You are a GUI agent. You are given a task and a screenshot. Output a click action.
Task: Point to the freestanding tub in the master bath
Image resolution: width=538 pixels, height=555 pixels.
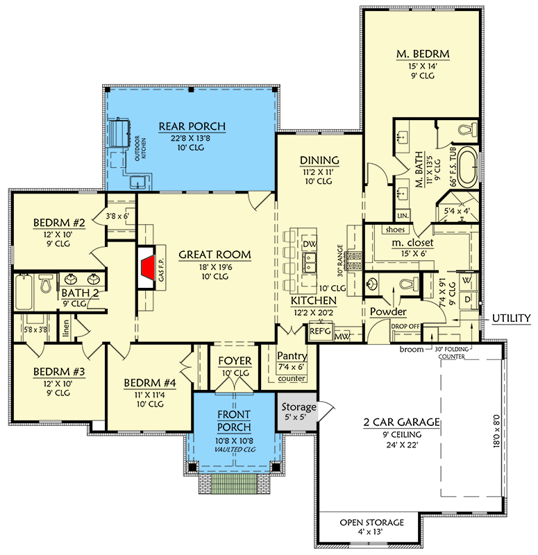point(469,166)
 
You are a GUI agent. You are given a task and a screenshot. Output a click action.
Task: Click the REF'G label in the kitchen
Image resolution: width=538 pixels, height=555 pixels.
point(319,332)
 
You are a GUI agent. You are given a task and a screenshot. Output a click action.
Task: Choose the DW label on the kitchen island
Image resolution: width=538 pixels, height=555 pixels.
point(310,245)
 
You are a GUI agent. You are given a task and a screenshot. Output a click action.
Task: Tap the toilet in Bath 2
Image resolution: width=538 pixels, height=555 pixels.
point(47,284)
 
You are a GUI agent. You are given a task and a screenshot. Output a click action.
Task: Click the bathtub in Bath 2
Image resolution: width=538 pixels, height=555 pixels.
point(22,291)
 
